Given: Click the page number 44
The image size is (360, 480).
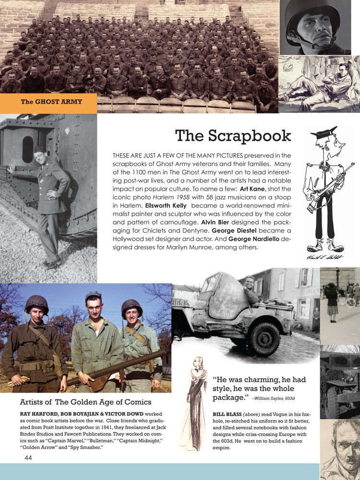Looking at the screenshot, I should point(28,458).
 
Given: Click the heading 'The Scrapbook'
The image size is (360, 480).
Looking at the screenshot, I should point(233,136).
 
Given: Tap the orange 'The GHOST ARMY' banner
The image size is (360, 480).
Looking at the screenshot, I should point(51,102).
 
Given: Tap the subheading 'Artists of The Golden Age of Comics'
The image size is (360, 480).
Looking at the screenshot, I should point(85,402).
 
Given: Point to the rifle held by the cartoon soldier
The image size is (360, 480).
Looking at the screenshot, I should point(331,187).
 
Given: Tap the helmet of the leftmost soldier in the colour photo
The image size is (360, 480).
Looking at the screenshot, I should point(36,304).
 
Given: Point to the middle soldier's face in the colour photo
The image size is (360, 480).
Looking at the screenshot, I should point(94,306).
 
